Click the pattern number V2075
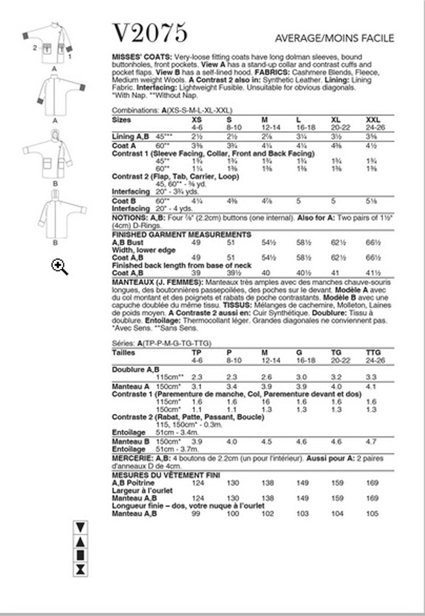150,33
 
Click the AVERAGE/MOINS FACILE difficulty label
334,39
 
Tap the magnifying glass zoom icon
59,267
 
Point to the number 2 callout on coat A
35,48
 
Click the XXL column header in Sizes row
373,120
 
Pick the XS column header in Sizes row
197,120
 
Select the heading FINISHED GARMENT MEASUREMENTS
181,235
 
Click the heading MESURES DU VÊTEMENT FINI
166,475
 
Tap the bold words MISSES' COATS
142,57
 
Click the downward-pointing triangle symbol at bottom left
80,527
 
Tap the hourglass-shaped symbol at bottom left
80,569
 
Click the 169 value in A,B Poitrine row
372,483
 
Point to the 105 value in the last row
372,513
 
